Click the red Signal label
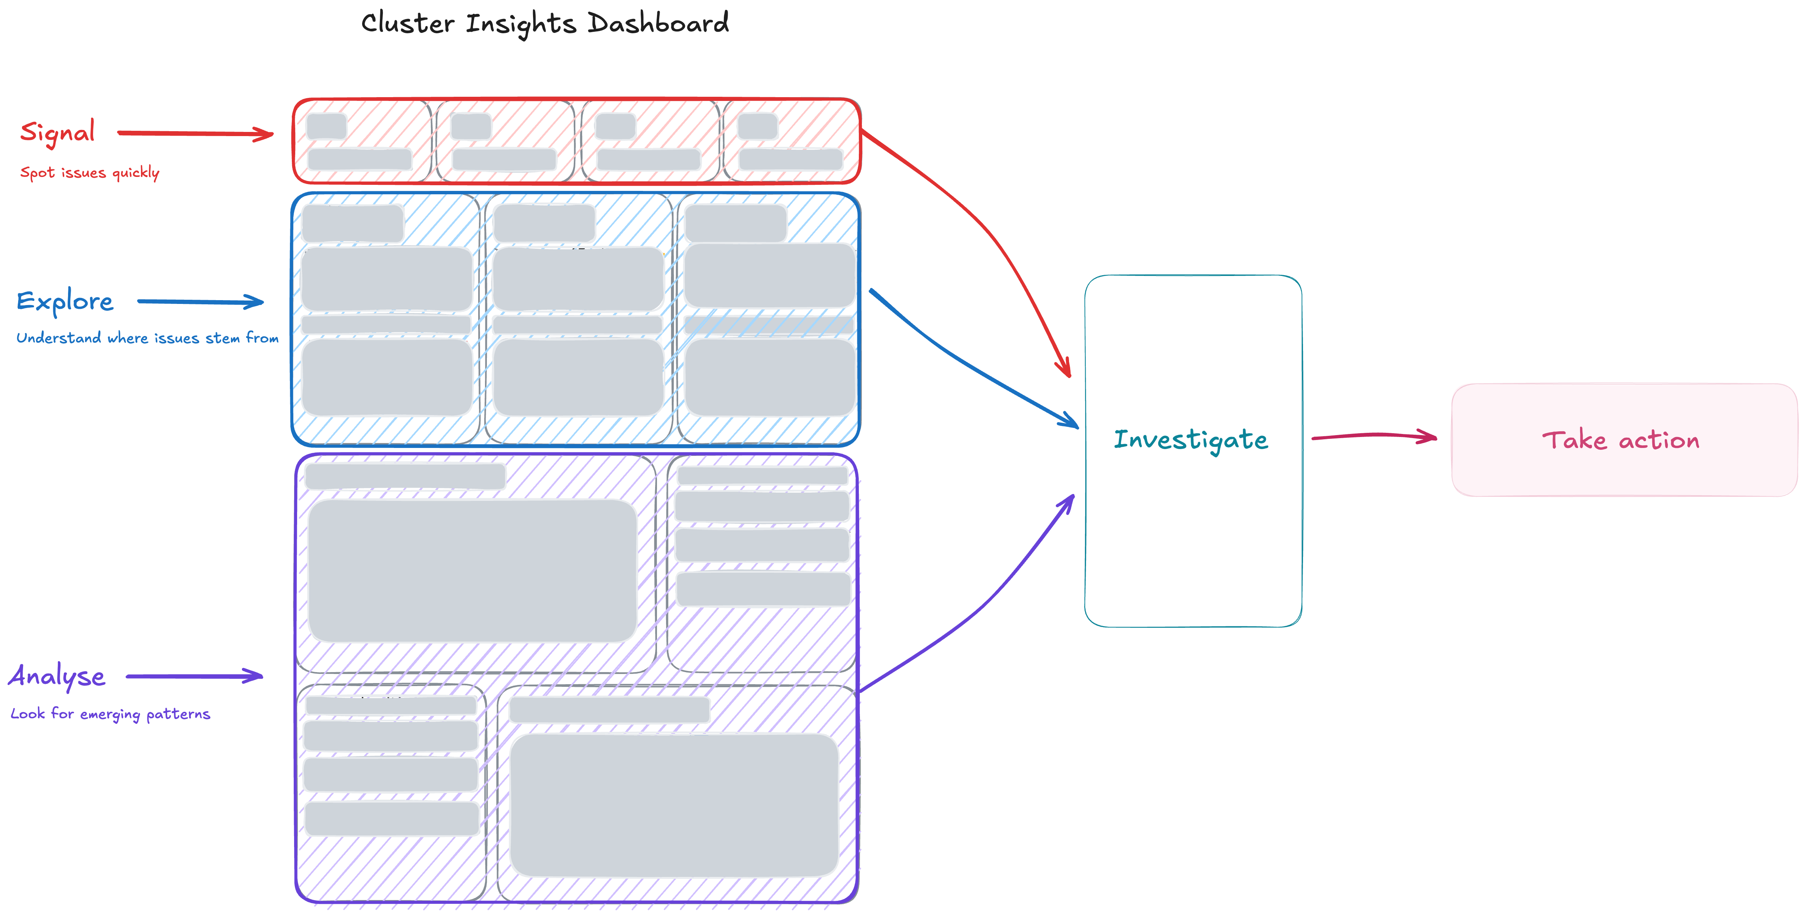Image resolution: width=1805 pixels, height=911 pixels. pos(57,132)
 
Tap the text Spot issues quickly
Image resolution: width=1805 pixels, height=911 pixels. pos(90,172)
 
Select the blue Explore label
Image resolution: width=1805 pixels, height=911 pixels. pos(65,301)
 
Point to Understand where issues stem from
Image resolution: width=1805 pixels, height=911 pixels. pos(147,338)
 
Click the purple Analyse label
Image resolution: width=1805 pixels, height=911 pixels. pos(57,676)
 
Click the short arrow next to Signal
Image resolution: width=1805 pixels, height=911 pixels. pos(195,133)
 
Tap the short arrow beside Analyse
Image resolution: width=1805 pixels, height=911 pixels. pos(194,676)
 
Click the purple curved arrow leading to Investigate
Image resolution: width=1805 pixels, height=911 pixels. pos(981,603)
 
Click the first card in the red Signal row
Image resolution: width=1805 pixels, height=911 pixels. pos(362,141)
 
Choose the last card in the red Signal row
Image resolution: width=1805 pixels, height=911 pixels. pos(790,141)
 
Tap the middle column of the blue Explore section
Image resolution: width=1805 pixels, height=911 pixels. pos(578,319)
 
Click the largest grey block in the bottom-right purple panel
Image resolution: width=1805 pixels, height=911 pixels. pos(674,804)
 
